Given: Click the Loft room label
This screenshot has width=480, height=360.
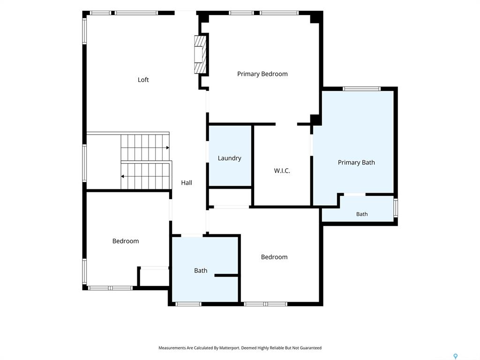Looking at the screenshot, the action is tap(143, 80).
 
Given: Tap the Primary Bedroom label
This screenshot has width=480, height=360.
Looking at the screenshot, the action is tap(262, 74).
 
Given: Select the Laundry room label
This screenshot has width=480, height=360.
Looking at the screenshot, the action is tap(229, 158).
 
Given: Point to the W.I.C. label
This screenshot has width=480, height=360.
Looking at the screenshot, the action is tap(282, 171).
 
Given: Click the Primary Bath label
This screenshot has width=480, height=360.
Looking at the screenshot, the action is tap(356, 163).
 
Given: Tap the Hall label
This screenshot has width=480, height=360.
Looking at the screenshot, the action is tap(187, 183).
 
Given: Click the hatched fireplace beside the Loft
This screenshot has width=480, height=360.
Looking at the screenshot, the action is tap(201, 54).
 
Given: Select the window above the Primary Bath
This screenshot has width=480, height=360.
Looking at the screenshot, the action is tap(361, 89).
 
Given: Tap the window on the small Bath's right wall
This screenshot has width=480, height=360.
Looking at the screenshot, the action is tap(396, 208).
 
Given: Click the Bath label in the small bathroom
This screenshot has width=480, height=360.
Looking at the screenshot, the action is tap(362, 214).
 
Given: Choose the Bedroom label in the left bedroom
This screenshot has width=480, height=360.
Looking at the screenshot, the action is tap(126, 241).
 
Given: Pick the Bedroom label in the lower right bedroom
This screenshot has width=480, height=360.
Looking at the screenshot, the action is tap(274, 257).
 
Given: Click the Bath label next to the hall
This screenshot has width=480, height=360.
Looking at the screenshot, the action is tap(201, 270).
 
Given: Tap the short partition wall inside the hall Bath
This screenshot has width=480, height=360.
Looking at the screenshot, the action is tap(226, 276).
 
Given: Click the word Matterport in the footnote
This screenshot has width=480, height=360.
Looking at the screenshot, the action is tap(229, 348).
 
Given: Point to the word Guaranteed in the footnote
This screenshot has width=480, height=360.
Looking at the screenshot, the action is tap(311, 348).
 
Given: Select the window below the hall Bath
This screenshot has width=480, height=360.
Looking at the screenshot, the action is tap(188, 304).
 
